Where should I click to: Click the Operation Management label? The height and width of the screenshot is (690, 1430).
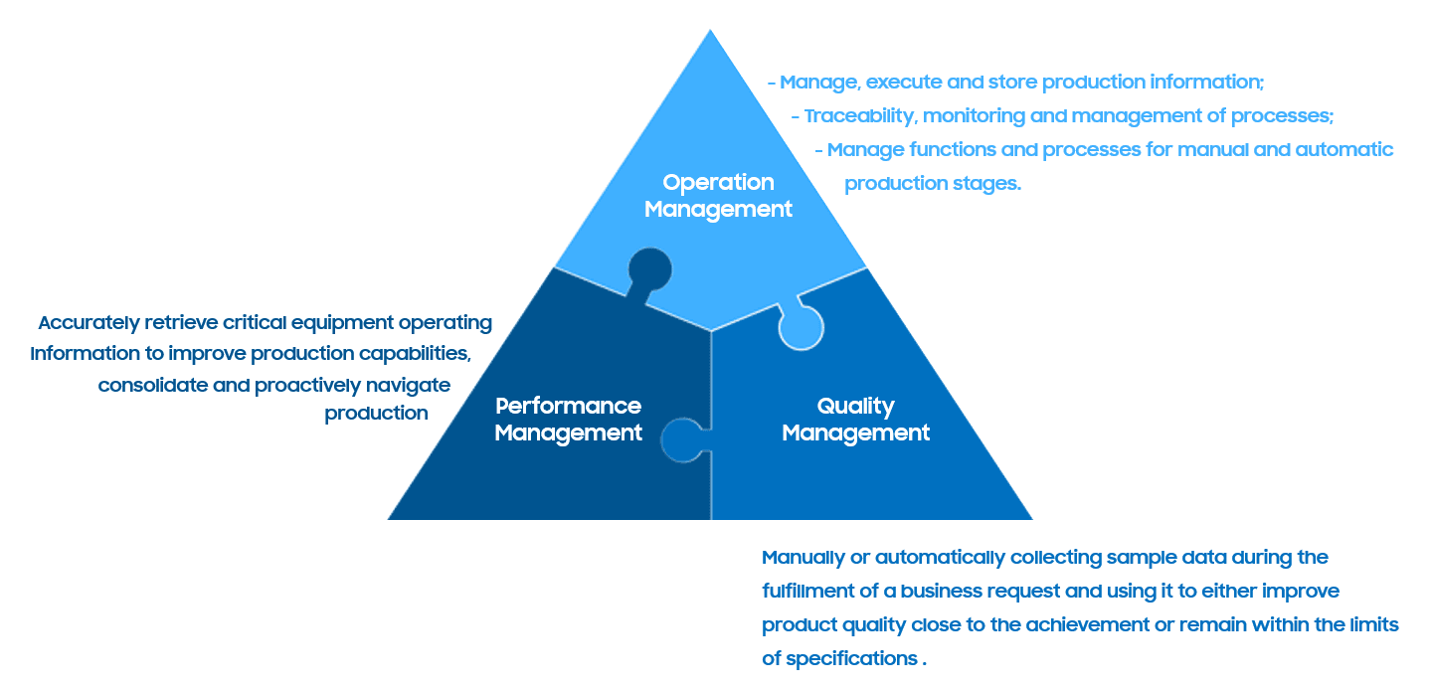point(718,196)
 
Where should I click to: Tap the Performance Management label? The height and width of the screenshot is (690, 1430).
point(568,420)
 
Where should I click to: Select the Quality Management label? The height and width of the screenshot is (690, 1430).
point(855,420)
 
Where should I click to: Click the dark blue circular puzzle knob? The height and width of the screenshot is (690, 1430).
point(648,268)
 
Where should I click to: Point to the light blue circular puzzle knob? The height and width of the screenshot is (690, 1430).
point(800,327)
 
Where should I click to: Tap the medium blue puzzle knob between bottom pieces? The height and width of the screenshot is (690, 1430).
point(684,439)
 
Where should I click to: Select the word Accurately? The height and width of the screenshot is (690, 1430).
point(89,323)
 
